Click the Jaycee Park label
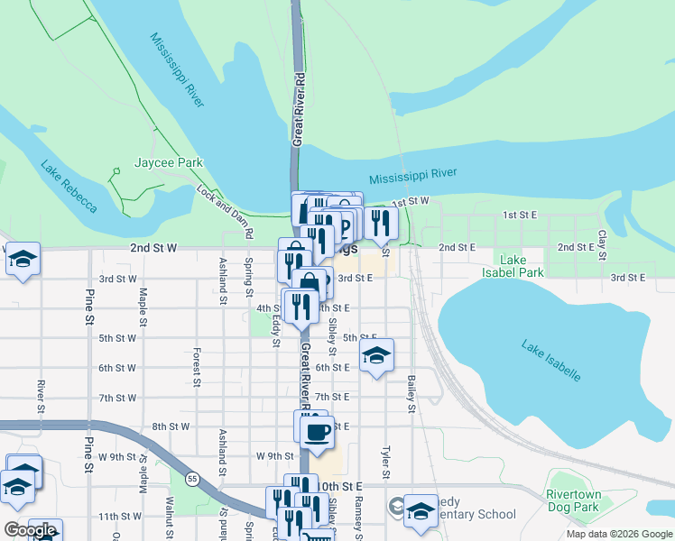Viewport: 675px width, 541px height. (169, 162)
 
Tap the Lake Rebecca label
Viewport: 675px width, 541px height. (68, 187)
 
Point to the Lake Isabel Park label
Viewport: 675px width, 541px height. (513, 266)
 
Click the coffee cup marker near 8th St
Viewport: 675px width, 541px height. (315, 432)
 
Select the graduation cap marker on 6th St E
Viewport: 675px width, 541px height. (376, 354)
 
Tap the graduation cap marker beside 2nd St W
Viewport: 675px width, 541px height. (23, 260)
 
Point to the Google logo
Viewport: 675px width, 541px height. (30, 530)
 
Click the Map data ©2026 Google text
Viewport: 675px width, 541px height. (618, 534)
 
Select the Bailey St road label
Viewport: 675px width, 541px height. (411, 394)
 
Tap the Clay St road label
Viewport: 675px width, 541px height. (602, 241)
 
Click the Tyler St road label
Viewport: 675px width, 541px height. (385, 461)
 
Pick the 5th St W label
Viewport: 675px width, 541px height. (117, 338)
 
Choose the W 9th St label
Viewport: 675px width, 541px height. (275, 455)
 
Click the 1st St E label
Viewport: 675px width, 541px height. (520, 215)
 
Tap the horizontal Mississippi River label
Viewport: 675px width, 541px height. (413, 174)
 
